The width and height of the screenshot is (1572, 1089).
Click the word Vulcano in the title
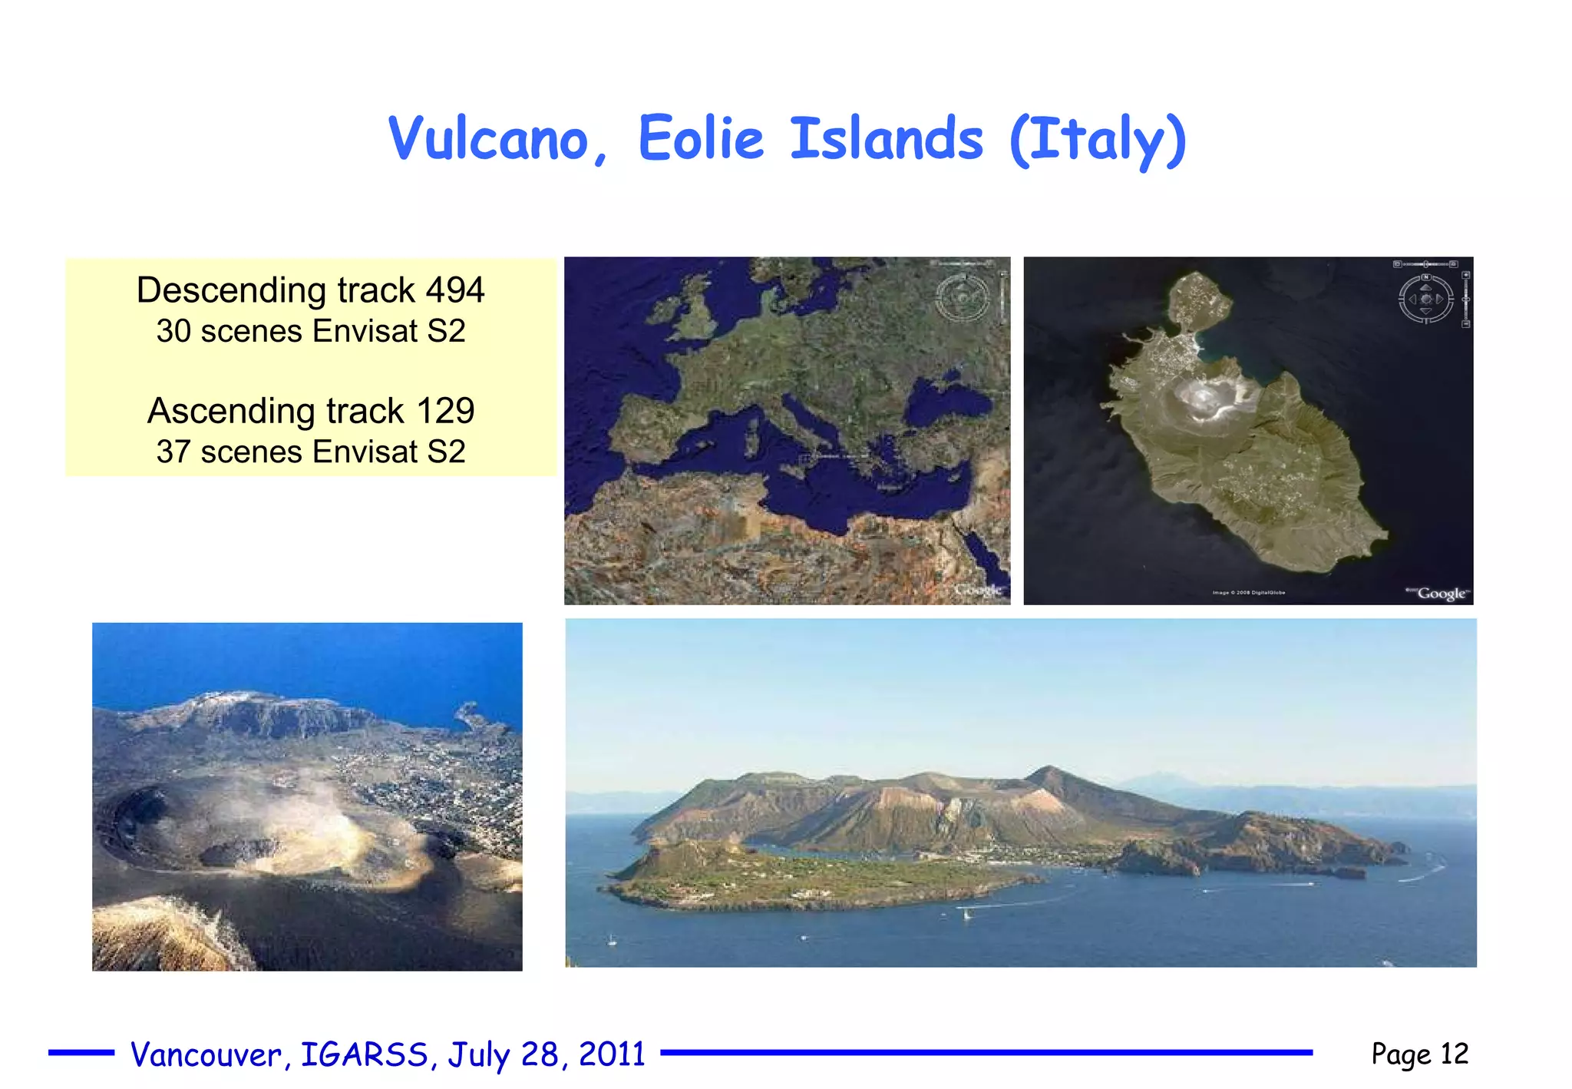click(489, 139)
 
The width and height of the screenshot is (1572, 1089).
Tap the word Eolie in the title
click(701, 139)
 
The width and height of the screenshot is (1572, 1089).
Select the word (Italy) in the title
click(1098, 141)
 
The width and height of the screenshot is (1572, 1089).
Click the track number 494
click(455, 290)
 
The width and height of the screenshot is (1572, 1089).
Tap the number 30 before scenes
click(173, 332)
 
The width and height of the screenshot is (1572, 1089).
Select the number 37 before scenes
click(173, 452)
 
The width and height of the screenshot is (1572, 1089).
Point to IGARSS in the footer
click(364, 1054)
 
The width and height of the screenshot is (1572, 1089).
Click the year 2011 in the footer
click(612, 1054)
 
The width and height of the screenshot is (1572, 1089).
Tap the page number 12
click(1455, 1054)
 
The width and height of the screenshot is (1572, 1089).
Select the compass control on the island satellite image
click(1426, 299)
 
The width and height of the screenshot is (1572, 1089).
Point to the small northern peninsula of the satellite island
click(1194, 300)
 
